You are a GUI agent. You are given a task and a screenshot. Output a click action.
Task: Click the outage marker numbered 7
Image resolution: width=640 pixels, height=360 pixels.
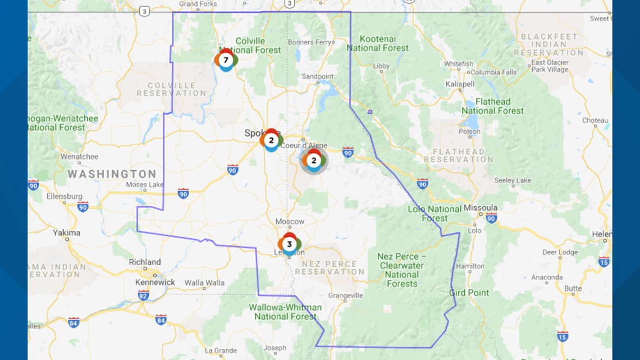pyautogui.click(x=226, y=60)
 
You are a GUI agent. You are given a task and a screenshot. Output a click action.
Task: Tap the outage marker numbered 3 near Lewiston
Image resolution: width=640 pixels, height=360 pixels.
pyautogui.click(x=289, y=244)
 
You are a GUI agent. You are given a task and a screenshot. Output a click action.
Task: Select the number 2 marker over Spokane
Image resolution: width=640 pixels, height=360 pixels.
pyautogui.click(x=271, y=140)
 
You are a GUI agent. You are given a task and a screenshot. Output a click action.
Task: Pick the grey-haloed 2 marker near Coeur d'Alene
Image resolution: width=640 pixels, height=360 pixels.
pyautogui.click(x=314, y=161)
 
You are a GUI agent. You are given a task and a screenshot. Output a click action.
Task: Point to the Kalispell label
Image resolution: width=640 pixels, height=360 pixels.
pyautogui.click(x=460, y=84)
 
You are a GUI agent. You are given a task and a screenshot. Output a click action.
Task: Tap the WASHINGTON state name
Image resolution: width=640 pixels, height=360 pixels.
pyautogui.click(x=112, y=174)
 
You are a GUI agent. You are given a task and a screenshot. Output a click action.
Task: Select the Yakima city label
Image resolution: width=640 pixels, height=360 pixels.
pyautogui.click(x=67, y=233)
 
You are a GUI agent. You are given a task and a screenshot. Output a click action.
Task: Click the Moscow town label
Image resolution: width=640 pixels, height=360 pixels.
pyautogui.click(x=290, y=222)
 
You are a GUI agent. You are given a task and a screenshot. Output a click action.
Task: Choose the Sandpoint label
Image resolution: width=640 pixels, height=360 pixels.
pyautogui.click(x=318, y=76)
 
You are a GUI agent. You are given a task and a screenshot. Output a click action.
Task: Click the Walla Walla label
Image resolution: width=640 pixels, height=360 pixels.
pyautogui.click(x=204, y=282)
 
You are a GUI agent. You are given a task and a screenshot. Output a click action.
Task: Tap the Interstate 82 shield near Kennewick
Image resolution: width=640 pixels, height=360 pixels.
pyautogui.click(x=144, y=295)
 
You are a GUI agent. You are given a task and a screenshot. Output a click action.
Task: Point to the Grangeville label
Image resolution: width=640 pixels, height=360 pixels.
pyautogui.click(x=346, y=295)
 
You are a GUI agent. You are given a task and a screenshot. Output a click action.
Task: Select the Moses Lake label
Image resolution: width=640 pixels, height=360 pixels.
pyautogui.click(x=145, y=184)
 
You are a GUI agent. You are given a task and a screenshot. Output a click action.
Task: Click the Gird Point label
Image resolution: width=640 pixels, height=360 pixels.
pyautogui.click(x=469, y=293)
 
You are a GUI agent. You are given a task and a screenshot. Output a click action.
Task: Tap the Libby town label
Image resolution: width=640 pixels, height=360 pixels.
pyautogui.click(x=381, y=66)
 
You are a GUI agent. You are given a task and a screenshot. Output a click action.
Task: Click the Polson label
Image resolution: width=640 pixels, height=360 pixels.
pyautogui.click(x=469, y=131)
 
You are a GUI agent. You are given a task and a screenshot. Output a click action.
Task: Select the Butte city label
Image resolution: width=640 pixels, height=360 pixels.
pyautogui.click(x=573, y=288)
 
